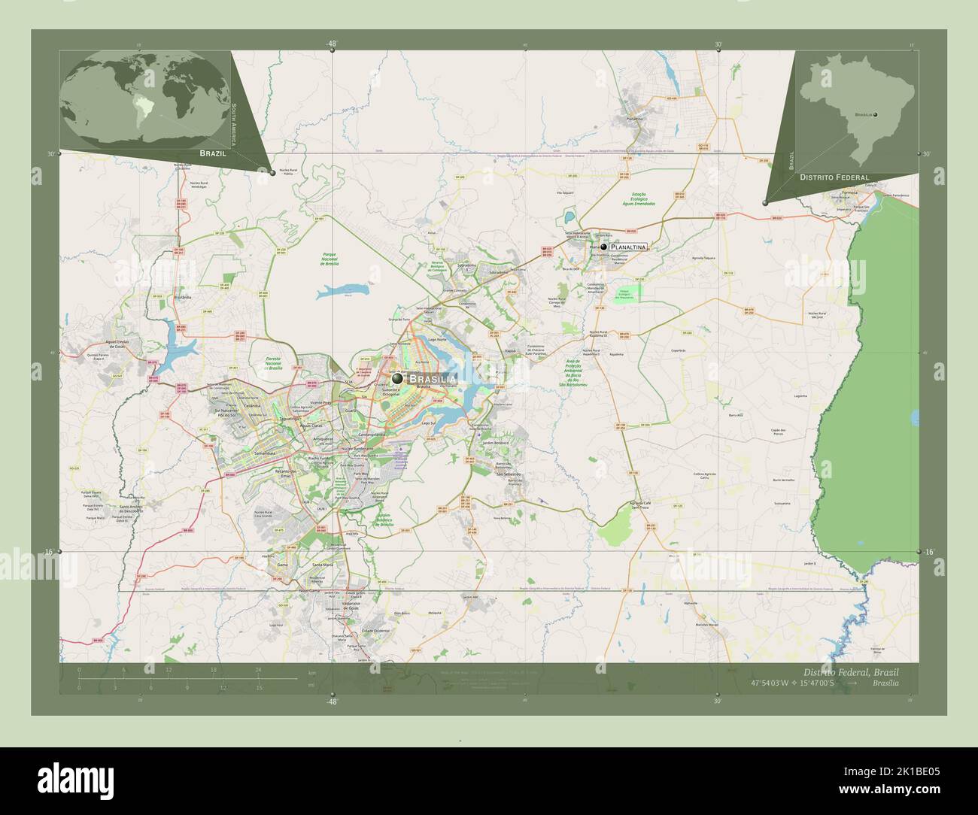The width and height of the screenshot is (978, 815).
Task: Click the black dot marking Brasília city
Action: pyautogui.click(x=396, y=379)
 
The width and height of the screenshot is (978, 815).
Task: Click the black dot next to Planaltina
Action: pyautogui.click(x=603, y=247)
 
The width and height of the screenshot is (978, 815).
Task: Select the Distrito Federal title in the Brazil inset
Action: pyautogui.click(x=834, y=177)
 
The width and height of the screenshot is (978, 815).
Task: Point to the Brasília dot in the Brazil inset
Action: pyautogui.click(x=875, y=114)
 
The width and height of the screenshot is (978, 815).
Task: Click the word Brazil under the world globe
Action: pyautogui.click(x=213, y=153)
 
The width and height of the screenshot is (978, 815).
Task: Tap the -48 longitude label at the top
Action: pyautogui.click(x=331, y=44)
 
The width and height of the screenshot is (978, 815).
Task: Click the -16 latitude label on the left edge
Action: pyautogui.click(x=49, y=553)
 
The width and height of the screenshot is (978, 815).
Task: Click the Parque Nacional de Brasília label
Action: pyautogui.click(x=332, y=259)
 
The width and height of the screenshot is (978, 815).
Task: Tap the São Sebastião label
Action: pyautogui.click(x=509, y=474)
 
